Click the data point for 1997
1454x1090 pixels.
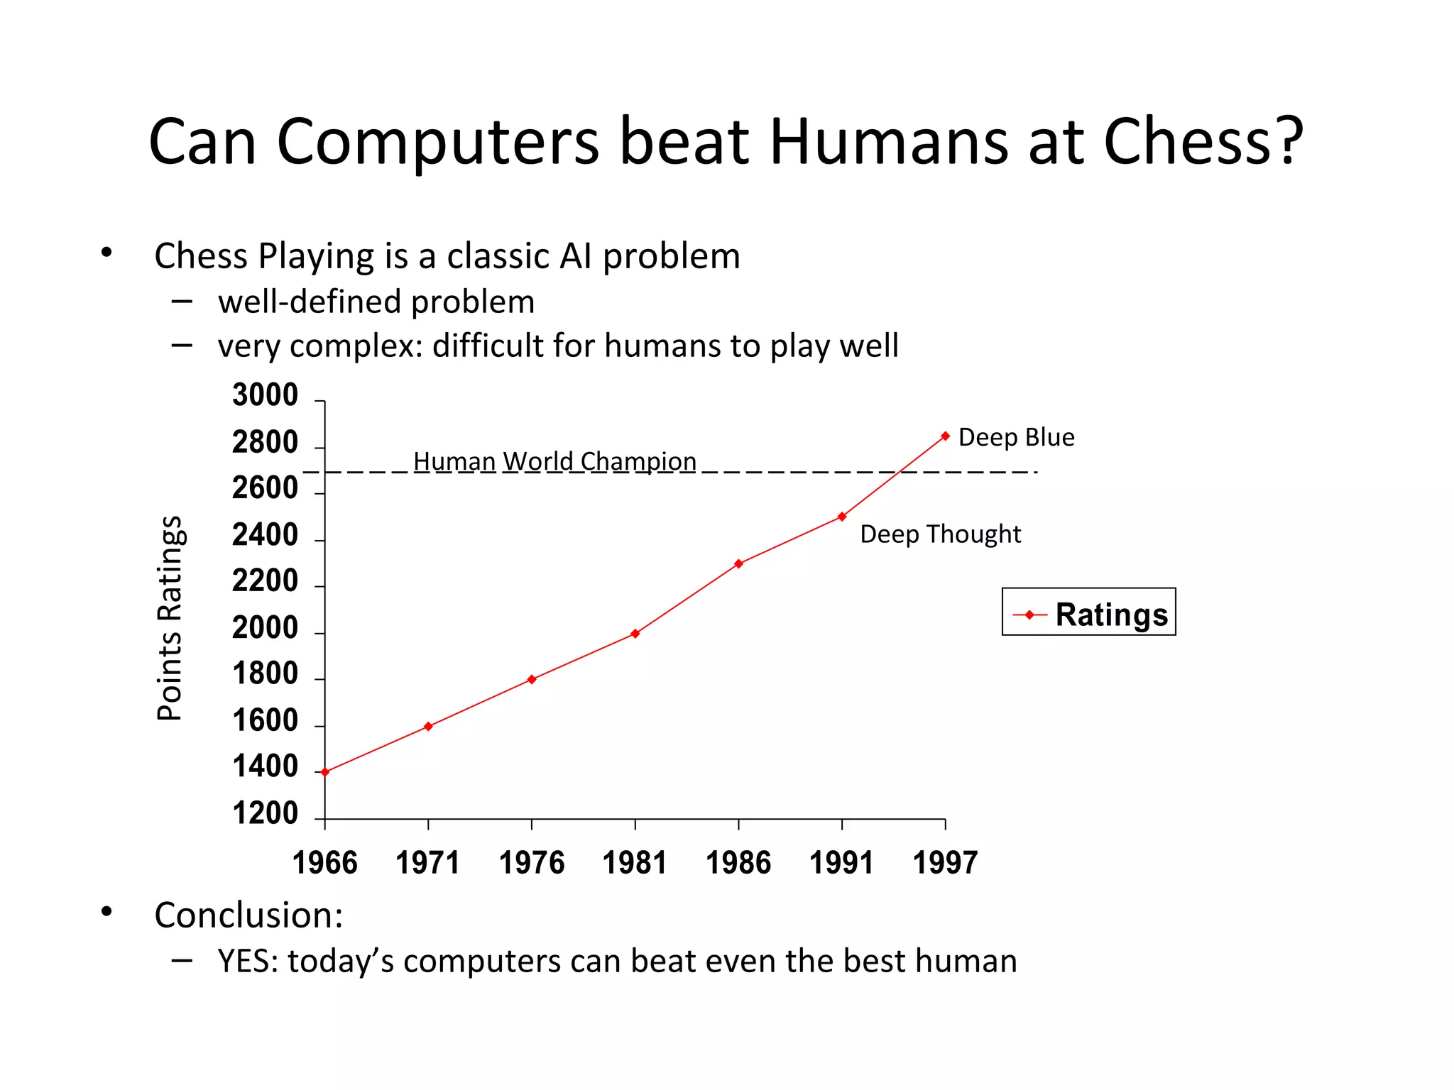[x=945, y=436]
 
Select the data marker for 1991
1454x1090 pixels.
[x=842, y=517]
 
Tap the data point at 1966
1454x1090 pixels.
[x=325, y=772]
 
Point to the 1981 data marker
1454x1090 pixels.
[x=635, y=633]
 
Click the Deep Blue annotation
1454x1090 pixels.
[x=1016, y=437]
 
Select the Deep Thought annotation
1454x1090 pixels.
[x=940, y=534]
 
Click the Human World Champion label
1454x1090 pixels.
[x=554, y=461]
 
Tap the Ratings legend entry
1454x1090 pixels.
[x=1089, y=614]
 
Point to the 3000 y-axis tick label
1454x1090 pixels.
[x=265, y=395]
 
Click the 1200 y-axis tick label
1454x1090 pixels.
[x=265, y=813]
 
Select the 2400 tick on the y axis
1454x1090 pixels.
[x=265, y=534]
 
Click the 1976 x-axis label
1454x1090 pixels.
[x=532, y=863]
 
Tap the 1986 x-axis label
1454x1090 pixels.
[x=738, y=863]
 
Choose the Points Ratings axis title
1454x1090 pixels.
[x=169, y=617]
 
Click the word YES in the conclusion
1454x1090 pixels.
[x=248, y=961]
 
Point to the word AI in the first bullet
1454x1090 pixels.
[x=575, y=256]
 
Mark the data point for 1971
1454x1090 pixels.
[x=428, y=726]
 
